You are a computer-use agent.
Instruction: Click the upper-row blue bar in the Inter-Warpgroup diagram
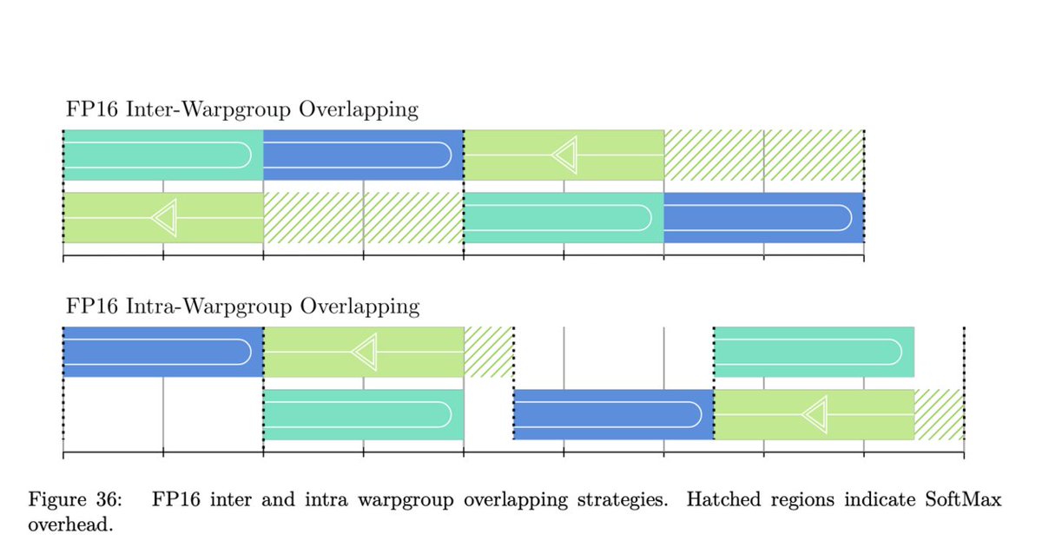pos(363,155)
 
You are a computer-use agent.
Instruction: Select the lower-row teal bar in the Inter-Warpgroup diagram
pos(564,217)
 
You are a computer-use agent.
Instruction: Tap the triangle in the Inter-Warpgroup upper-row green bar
pos(564,155)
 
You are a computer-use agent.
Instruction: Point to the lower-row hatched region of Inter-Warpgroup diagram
pos(363,217)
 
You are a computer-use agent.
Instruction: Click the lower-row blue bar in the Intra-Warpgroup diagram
pos(613,414)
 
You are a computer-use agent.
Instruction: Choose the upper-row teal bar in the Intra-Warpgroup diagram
pos(814,352)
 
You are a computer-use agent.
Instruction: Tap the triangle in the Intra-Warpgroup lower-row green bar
pos(814,414)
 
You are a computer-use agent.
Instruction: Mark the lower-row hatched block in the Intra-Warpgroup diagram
pos(939,414)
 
